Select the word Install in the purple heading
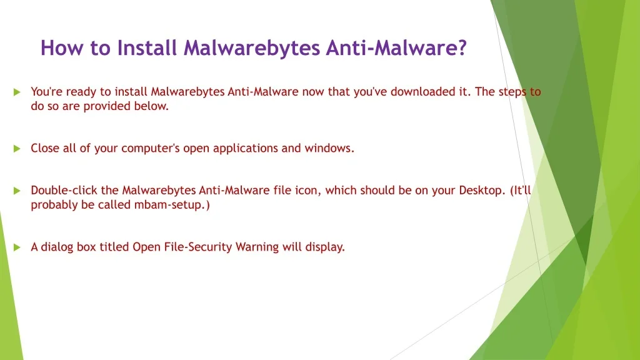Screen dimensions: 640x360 point(147,47)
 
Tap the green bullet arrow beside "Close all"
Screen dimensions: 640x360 point(17,149)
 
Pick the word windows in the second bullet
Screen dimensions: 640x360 point(329,148)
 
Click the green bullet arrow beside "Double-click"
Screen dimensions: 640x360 point(17,191)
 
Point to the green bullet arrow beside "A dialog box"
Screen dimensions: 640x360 point(17,247)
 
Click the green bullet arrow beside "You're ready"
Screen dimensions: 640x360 point(17,92)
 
